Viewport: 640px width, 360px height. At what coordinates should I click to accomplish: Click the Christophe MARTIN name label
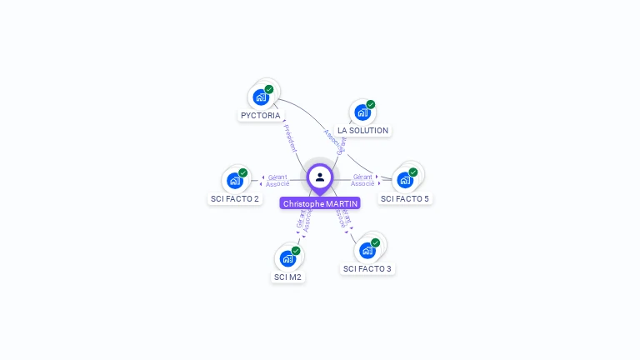[320, 203]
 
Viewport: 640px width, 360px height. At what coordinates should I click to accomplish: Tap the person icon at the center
[320, 177]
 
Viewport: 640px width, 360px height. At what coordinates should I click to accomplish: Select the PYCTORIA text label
[261, 116]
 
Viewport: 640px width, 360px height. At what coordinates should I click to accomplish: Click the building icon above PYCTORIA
[261, 97]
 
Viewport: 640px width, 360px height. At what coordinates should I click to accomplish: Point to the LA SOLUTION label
[362, 131]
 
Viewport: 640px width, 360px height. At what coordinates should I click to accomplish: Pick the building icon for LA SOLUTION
[362, 112]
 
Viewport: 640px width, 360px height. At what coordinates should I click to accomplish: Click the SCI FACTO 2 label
[234, 199]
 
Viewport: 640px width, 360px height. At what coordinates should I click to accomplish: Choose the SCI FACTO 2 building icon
[235, 180]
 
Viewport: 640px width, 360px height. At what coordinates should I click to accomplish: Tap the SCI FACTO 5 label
[405, 199]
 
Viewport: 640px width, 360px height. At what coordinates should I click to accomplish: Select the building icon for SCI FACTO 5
[405, 179]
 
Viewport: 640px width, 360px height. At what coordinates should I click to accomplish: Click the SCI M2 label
[287, 277]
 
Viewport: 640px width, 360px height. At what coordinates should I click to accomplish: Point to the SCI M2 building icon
[287, 258]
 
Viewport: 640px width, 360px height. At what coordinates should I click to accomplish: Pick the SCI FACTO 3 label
[367, 269]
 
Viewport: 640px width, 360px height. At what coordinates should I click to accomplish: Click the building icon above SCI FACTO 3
[367, 250]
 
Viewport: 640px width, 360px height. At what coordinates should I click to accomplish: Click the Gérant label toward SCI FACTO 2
[277, 177]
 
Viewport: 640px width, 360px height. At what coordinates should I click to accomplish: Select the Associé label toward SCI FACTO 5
[362, 183]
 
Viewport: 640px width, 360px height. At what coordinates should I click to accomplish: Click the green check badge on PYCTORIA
[269, 89]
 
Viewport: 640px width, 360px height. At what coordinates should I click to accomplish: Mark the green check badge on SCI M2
[296, 251]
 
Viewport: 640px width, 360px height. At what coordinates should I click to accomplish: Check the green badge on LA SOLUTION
[371, 104]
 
